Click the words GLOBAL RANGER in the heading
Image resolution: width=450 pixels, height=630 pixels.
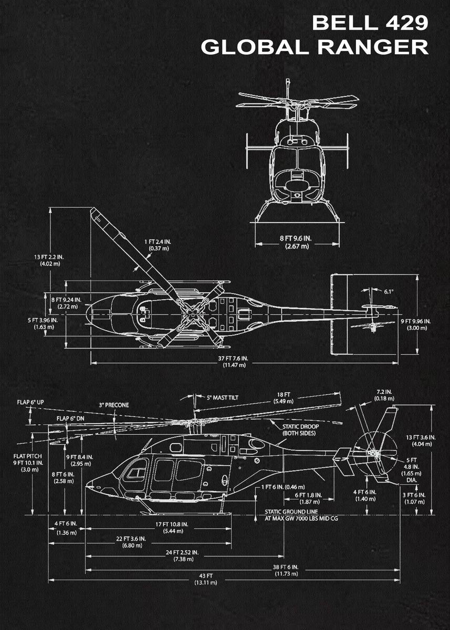pos(315,47)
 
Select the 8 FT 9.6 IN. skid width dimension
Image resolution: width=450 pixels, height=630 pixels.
pos(295,242)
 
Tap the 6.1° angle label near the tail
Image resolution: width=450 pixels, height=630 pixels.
pos(389,291)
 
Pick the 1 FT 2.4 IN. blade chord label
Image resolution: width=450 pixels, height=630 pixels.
pos(158,245)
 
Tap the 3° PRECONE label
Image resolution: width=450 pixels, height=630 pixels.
pos(114,405)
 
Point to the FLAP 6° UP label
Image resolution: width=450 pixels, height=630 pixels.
pos(30,402)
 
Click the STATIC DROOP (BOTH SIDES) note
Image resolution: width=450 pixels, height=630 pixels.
pos(300,430)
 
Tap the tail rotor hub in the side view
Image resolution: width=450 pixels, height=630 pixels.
pos(374,453)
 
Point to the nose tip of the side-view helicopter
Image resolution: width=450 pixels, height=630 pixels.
pos(87,484)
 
